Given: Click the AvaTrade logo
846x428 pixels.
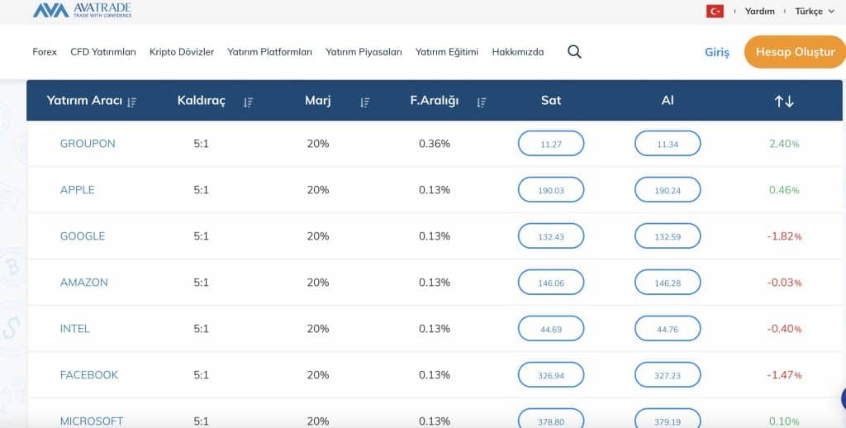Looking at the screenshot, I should (82, 11).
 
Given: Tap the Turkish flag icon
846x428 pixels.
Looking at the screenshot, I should (715, 11).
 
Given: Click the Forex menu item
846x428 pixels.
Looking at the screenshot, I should (45, 52).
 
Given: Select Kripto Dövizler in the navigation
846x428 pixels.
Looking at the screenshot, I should (182, 52).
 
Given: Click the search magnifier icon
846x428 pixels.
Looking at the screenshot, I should (574, 52).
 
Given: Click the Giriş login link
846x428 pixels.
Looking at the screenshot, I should (716, 52).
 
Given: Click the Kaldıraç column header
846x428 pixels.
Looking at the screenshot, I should (201, 101).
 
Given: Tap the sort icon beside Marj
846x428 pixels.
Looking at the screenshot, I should (364, 102).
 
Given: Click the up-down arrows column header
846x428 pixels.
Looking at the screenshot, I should (783, 101).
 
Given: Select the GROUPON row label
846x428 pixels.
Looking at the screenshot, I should (88, 144).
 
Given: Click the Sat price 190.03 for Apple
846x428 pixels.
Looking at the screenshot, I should (550, 190).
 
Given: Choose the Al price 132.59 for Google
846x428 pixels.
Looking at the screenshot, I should (667, 236).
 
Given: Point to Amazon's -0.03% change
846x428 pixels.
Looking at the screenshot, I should (784, 283).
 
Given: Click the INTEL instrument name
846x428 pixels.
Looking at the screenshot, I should (75, 329).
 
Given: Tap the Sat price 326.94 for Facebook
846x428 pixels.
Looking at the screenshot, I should (550, 375).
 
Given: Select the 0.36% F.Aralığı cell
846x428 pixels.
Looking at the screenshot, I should (434, 144).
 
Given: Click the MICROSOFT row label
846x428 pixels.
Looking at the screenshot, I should (92, 421).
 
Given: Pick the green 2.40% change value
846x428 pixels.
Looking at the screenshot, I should (784, 144).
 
